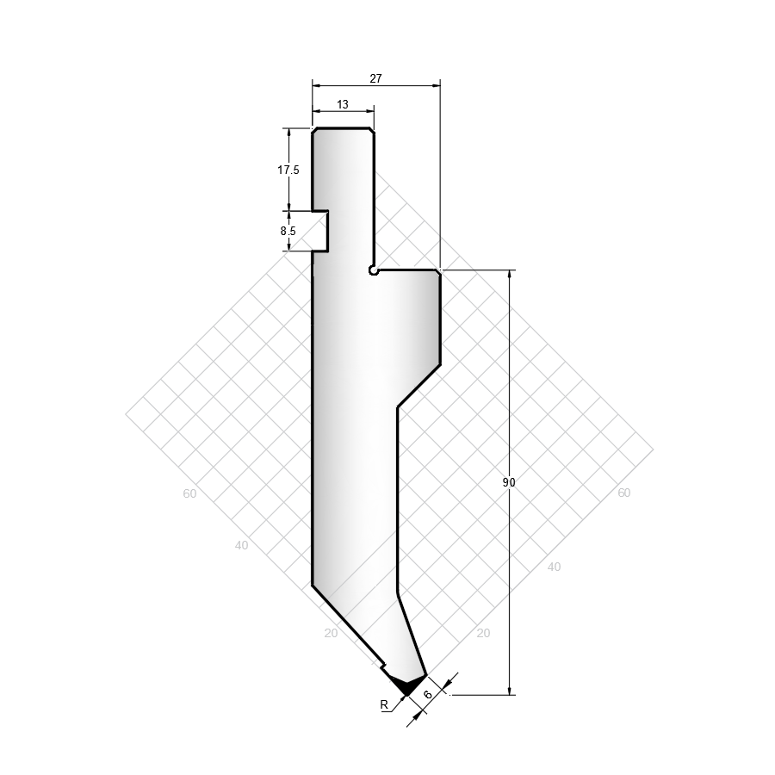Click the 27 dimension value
point(375,78)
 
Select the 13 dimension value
point(343,105)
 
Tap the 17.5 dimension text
point(288,170)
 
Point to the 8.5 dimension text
point(288,231)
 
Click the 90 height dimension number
point(509,482)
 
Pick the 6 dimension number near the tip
point(428,694)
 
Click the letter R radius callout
point(384,705)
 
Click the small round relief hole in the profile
point(373,270)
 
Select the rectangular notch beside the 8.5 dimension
point(319,232)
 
